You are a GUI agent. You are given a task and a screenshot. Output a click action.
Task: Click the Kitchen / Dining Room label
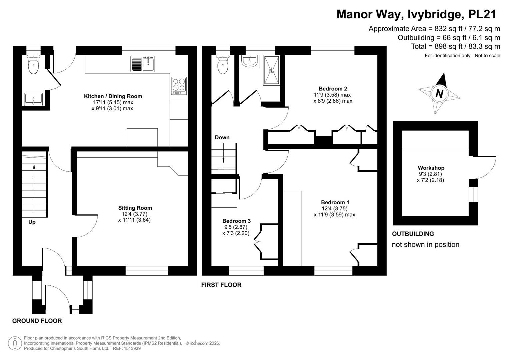(x=113, y=96)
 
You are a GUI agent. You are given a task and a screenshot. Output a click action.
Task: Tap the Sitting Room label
(x=135, y=208)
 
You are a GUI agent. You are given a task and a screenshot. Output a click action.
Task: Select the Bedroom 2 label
(x=333, y=89)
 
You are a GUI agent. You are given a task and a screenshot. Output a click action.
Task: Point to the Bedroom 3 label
(x=236, y=221)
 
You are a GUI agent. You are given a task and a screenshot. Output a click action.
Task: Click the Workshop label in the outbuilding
(x=431, y=168)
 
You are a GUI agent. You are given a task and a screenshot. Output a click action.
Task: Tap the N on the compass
(x=439, y=94)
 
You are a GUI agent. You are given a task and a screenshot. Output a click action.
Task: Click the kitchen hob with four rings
(x=179, y=86)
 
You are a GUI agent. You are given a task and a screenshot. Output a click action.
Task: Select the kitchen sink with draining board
(x=143, y=64)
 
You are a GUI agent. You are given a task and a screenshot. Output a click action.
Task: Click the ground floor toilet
(x=33, y=64)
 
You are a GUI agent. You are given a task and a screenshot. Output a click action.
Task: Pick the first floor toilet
(x=223, y=64)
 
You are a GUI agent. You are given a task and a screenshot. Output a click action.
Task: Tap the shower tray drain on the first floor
(x=271, y=70)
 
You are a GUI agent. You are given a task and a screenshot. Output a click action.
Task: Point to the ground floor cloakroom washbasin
(x=33, y=99)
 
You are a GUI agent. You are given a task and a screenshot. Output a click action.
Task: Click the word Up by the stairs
(x=32, y=222)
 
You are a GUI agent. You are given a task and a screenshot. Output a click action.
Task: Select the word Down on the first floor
(x=222, y=137)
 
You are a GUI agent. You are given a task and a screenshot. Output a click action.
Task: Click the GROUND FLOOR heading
(x=37, y=321)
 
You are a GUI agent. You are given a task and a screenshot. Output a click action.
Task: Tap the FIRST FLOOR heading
(x=221, y=285)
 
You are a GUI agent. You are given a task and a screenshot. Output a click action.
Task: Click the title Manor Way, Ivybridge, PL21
(x=416, y=14)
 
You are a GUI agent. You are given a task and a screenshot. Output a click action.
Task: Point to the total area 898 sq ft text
(x=455, y=46)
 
